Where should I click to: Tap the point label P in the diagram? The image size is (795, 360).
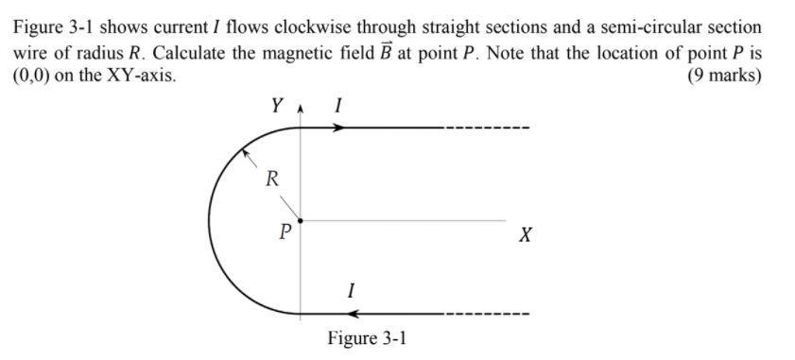coord(283,229)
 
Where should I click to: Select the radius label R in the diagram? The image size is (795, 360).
coord(271,178)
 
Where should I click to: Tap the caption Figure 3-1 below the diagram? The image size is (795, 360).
coord(367,338)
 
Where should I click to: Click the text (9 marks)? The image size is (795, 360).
coord(724,76)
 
